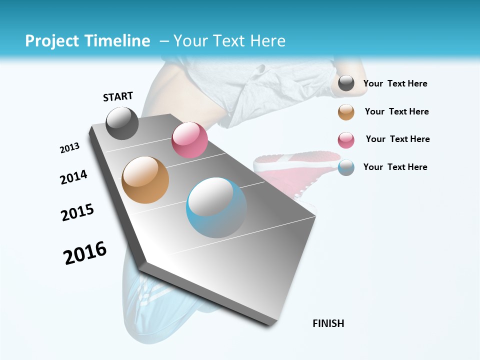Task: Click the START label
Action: tap(118, 96)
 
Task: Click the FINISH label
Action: tap(328, 323)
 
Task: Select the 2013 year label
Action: tap(70, 148)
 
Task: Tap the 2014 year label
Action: tap(74, 177)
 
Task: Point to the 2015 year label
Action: tap(77, 212)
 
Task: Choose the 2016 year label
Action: tap(85, 253)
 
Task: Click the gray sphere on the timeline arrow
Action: tap(122, 123)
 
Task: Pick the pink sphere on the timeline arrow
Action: tap(189, 140)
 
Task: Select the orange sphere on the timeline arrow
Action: tap(145, 180)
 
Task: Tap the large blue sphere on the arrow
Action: tap(216, 207)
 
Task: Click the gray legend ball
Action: tap(346, 83)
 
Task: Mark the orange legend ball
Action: tap(346, 112)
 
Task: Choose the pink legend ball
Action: tap(346, 140)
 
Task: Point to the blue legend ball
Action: tap(346, 167)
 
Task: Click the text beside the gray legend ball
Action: tap(395, 84)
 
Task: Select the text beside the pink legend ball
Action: tap(397, 139)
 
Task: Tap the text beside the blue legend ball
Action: tap(395, 167)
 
